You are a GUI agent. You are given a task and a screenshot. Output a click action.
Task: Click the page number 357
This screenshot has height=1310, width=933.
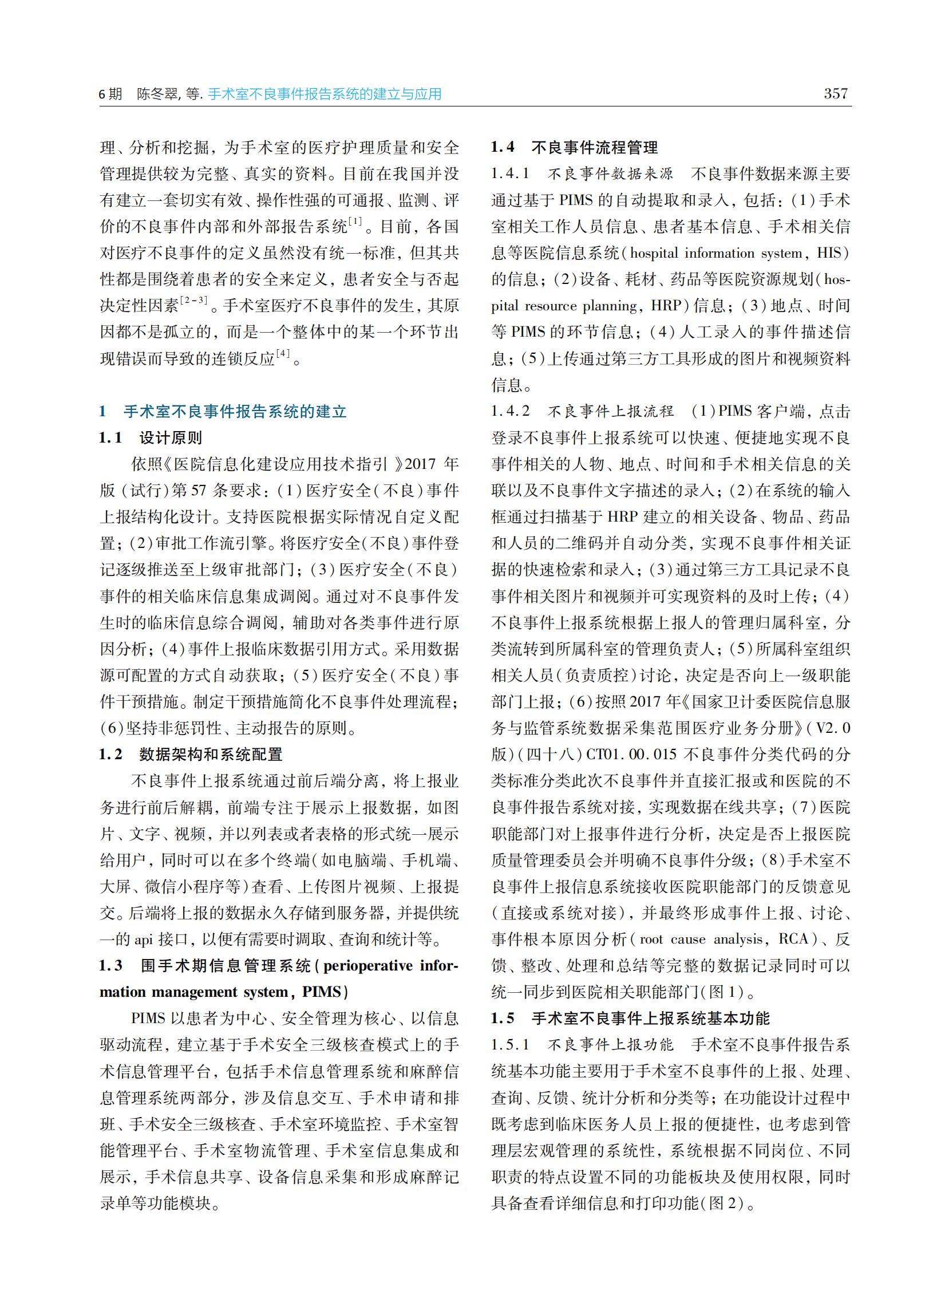tap(835, 93)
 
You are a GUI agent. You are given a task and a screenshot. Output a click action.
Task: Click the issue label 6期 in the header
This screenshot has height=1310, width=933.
tap(110, 94)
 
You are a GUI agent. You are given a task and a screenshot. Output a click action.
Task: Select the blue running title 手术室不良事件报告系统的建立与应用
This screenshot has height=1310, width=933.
tap(325, 94)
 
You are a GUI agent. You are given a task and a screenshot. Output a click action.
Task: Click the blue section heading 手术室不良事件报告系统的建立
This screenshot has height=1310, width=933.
tap(235, 412)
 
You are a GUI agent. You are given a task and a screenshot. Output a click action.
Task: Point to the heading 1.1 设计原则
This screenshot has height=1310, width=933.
tap(151, 438)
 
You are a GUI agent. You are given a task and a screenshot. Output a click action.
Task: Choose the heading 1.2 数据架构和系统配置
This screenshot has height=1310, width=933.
tap(191, 755)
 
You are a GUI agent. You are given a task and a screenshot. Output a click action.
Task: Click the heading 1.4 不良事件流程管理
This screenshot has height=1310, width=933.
tap(574, 148)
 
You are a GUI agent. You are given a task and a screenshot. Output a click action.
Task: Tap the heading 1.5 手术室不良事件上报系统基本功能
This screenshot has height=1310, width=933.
tap(630, 1019)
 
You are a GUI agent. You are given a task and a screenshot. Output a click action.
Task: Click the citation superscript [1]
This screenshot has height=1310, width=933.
tap(355, 221)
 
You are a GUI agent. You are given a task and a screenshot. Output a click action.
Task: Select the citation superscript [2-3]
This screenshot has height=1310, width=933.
tap(193, 301)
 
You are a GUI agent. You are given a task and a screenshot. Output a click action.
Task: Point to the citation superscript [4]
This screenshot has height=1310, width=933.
tap(283, 353)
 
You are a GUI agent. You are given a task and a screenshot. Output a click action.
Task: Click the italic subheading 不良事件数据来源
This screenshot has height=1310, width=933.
tap(610, 174)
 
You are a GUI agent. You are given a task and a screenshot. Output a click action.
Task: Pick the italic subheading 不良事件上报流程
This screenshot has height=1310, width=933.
tap(610, 412)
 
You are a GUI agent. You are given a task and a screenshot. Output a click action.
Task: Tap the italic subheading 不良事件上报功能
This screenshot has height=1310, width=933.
tap(610, 1045)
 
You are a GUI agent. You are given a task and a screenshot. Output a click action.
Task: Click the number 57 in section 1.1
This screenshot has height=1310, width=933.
tap(198, 491)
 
